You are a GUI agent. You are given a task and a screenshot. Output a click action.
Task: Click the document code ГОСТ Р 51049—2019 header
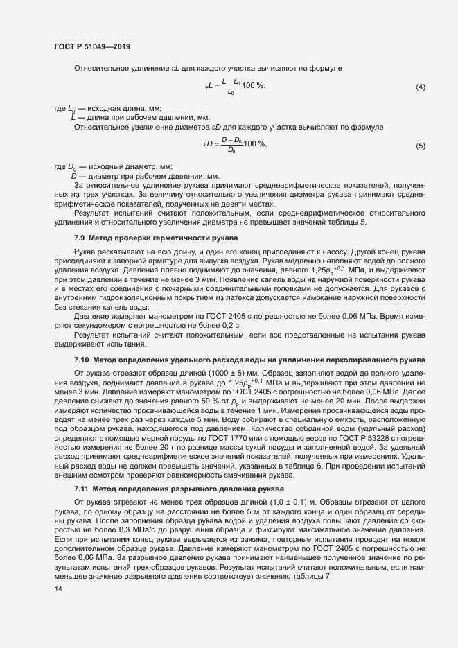[91, 46]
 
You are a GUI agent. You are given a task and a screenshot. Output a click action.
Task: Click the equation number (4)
[420, 87]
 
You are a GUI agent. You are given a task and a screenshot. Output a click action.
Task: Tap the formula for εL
[234, 87]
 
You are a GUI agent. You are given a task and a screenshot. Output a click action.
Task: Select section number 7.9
[80, 238]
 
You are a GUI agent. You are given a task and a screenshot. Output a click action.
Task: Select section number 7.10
[82, 360]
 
